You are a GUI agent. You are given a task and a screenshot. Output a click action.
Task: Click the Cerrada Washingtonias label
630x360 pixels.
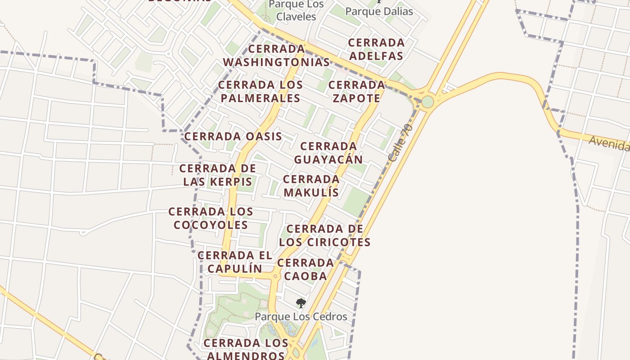[x=276, y=55]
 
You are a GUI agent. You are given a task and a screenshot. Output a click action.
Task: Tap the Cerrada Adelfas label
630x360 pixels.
[x=376, y=49]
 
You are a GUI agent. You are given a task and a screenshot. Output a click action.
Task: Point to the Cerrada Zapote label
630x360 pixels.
[x=356, y=91]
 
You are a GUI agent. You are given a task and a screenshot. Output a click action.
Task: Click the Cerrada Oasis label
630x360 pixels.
[x=233, y=136]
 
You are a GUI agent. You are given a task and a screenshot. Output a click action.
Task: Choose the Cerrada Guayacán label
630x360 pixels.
[x=328, y=153]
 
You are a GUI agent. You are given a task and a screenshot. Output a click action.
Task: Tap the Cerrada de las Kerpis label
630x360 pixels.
[x=217, y=175]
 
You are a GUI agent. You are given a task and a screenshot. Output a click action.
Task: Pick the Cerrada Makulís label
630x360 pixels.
[x=311, y=186]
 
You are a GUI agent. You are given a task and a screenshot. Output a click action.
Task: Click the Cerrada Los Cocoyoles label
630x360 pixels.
[x=211, y=218]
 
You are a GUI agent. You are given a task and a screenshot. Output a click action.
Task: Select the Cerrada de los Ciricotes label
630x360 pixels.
[x=324, y=235]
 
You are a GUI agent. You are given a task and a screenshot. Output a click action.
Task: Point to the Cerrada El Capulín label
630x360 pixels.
[x=234, y=262]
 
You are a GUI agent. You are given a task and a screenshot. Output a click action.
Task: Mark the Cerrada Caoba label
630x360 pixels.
[x=305, y=269]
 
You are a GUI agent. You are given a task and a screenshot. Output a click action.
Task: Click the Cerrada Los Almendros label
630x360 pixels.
[x=245, y=349]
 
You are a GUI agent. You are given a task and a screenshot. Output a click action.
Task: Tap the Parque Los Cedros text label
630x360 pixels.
[x=301, y=317]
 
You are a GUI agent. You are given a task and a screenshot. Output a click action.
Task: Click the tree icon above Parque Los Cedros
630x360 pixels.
[x=301, y=303]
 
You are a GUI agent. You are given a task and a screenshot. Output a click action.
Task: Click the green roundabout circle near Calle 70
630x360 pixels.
[x=427, y=102]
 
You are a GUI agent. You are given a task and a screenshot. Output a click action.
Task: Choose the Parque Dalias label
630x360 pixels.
[x=379, y=11]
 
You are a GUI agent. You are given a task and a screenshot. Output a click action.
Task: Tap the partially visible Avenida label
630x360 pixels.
[x=610, y=144]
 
